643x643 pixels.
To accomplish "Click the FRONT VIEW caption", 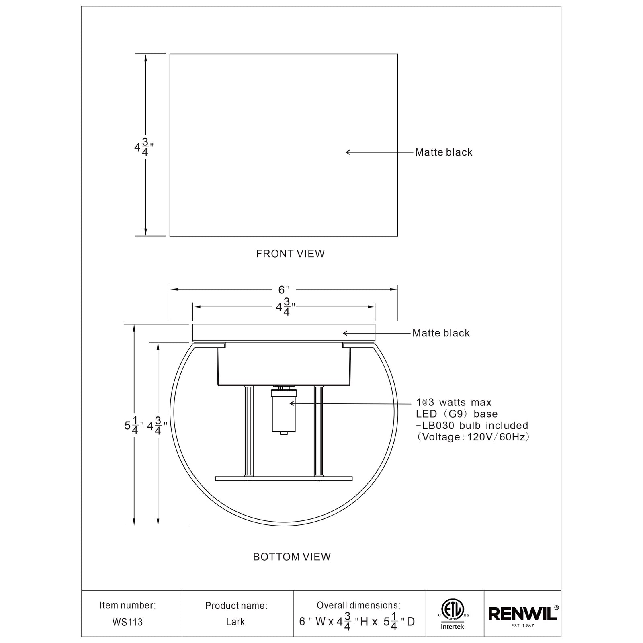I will (x=290, y=254).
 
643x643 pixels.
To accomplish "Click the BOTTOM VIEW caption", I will (x=292, y=557).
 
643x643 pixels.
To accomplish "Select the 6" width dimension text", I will (x=284, y=289).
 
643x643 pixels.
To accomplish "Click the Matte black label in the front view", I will (x=444, y=152).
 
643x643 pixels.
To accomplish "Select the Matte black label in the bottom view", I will (x=441, y=333).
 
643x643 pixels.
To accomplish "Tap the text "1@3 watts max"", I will (x=454, y=402).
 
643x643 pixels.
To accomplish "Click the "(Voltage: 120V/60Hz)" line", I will (x=473, y=437).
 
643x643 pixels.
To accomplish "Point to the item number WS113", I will (x=127, y=623).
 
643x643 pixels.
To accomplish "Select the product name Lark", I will (x=235, y=622).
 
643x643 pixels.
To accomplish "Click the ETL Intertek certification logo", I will (x=453, y=614).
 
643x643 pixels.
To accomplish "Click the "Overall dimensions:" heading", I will (x=358, y=605).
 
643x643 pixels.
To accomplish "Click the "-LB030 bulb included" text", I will (x=472, y=426).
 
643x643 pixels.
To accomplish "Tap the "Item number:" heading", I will (x=127, y=605).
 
